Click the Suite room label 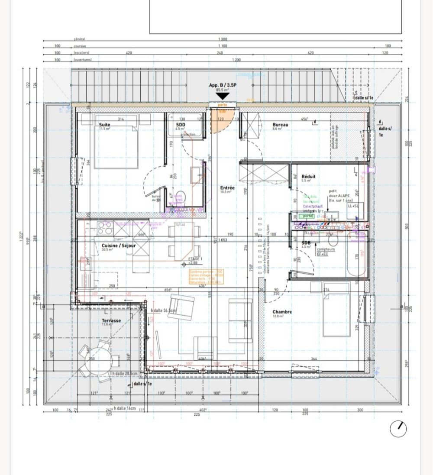[105, 124]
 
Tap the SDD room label [180, 124]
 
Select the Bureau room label [280, 125]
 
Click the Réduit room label [308, 177]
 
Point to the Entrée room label [227, 188]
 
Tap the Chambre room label [282, 312]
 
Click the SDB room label [306, 243]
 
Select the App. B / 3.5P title [223, 85]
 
